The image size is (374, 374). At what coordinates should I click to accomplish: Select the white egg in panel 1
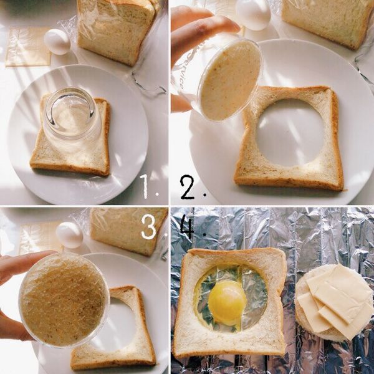(57, 42)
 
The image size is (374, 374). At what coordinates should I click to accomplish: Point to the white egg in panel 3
(69, 235)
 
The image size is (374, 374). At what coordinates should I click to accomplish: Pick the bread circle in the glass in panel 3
(64, 300)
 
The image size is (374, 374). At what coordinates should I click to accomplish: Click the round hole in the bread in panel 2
(290, 133)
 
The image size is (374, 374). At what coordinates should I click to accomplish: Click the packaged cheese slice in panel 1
(28, 47)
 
